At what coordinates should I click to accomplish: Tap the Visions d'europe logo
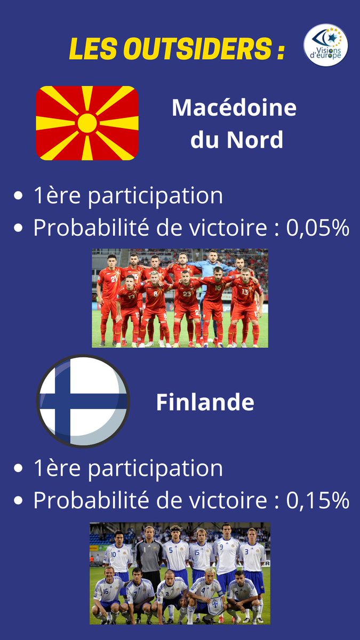[x=325, y=45]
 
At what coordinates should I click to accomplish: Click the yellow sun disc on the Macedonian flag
[x=87, y=123]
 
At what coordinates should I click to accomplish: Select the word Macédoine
[x=234, y=109]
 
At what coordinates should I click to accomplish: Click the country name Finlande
[x=205, y=403]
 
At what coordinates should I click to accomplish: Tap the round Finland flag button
[x=83, y=402]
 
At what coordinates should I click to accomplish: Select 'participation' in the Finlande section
[x=155, y=469]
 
